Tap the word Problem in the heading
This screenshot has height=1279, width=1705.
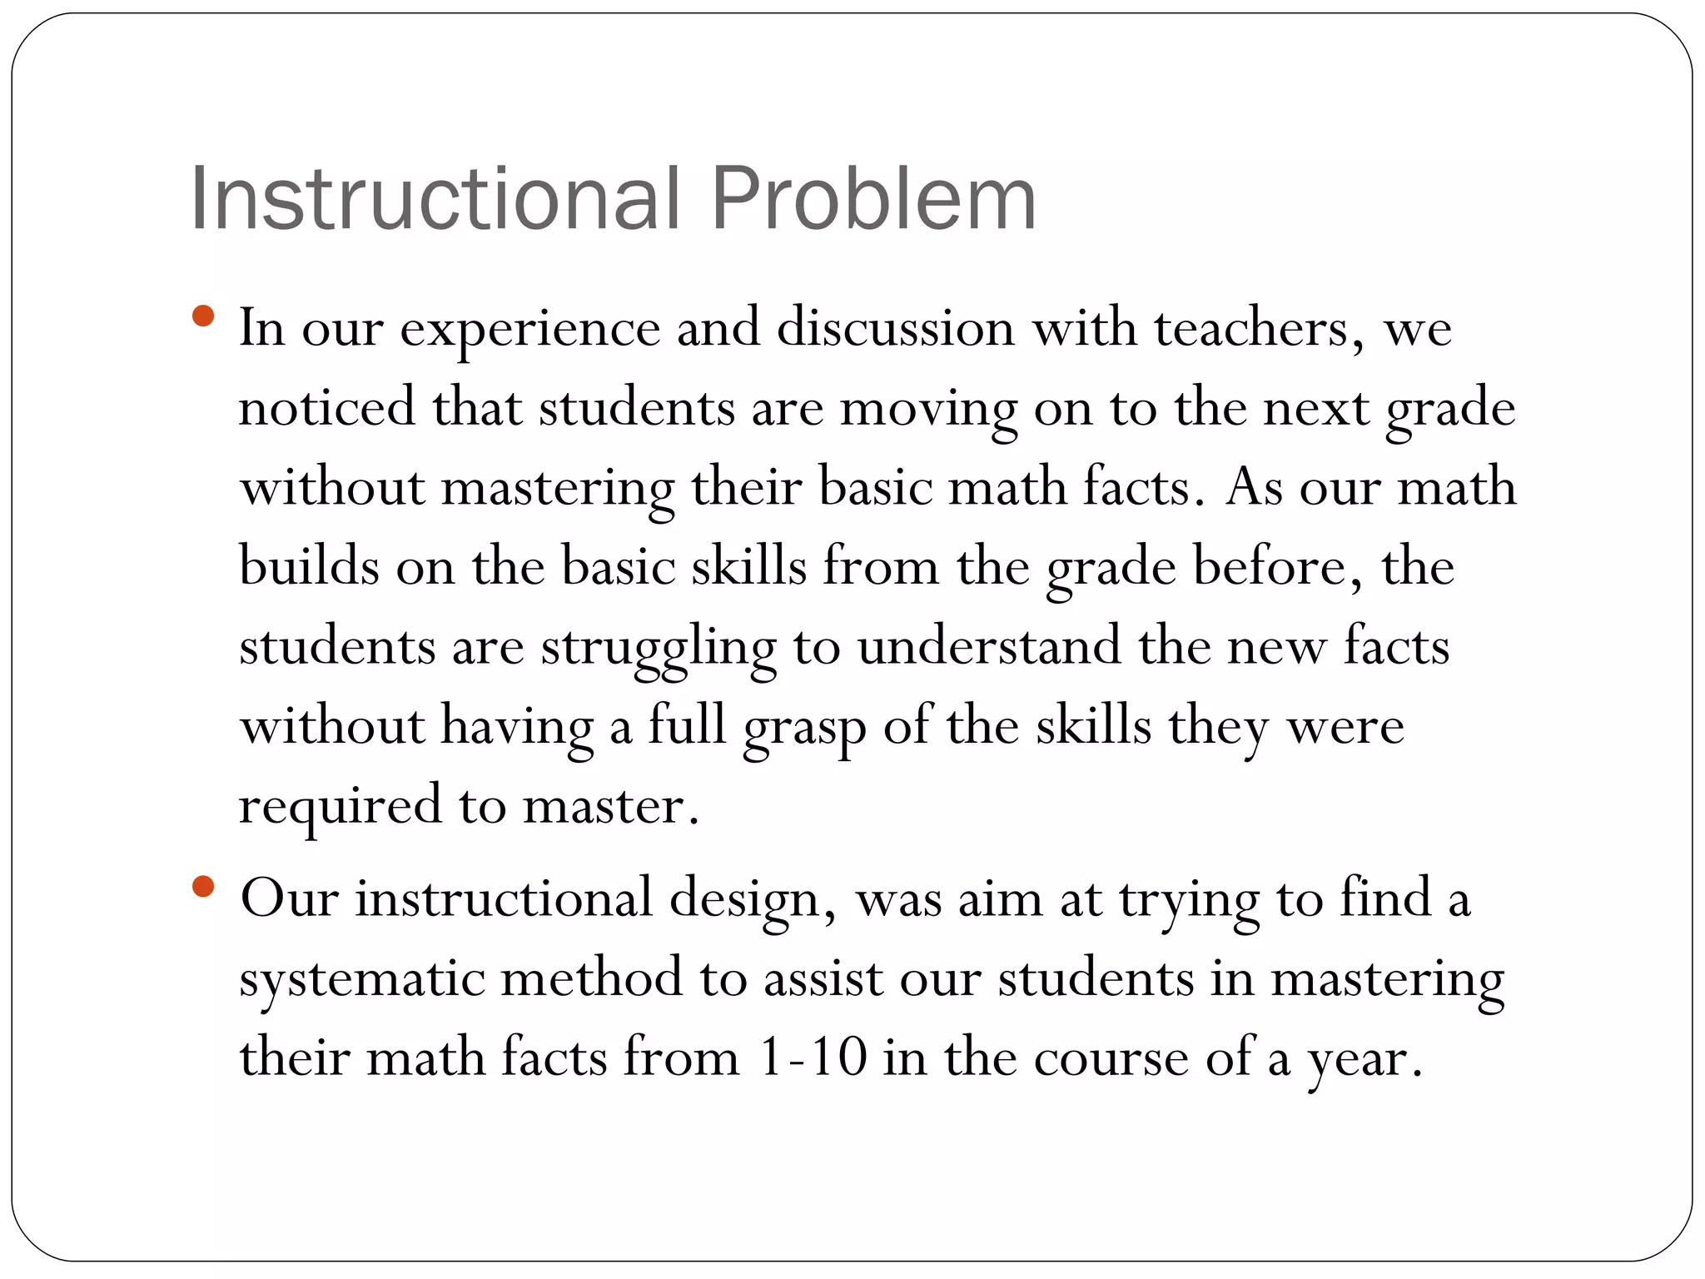click(873, 199)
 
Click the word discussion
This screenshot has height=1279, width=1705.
click(896, 328)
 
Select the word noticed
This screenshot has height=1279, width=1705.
click(326, 407)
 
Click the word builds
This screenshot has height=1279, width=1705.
click(309, 566)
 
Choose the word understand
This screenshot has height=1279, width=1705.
click(989, 646)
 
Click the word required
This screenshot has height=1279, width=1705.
click(340, 807)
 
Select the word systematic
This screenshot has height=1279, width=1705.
click(361, 980)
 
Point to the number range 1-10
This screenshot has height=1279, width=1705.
click(813, 1058)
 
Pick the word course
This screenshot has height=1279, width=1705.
click(1111, 1059)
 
